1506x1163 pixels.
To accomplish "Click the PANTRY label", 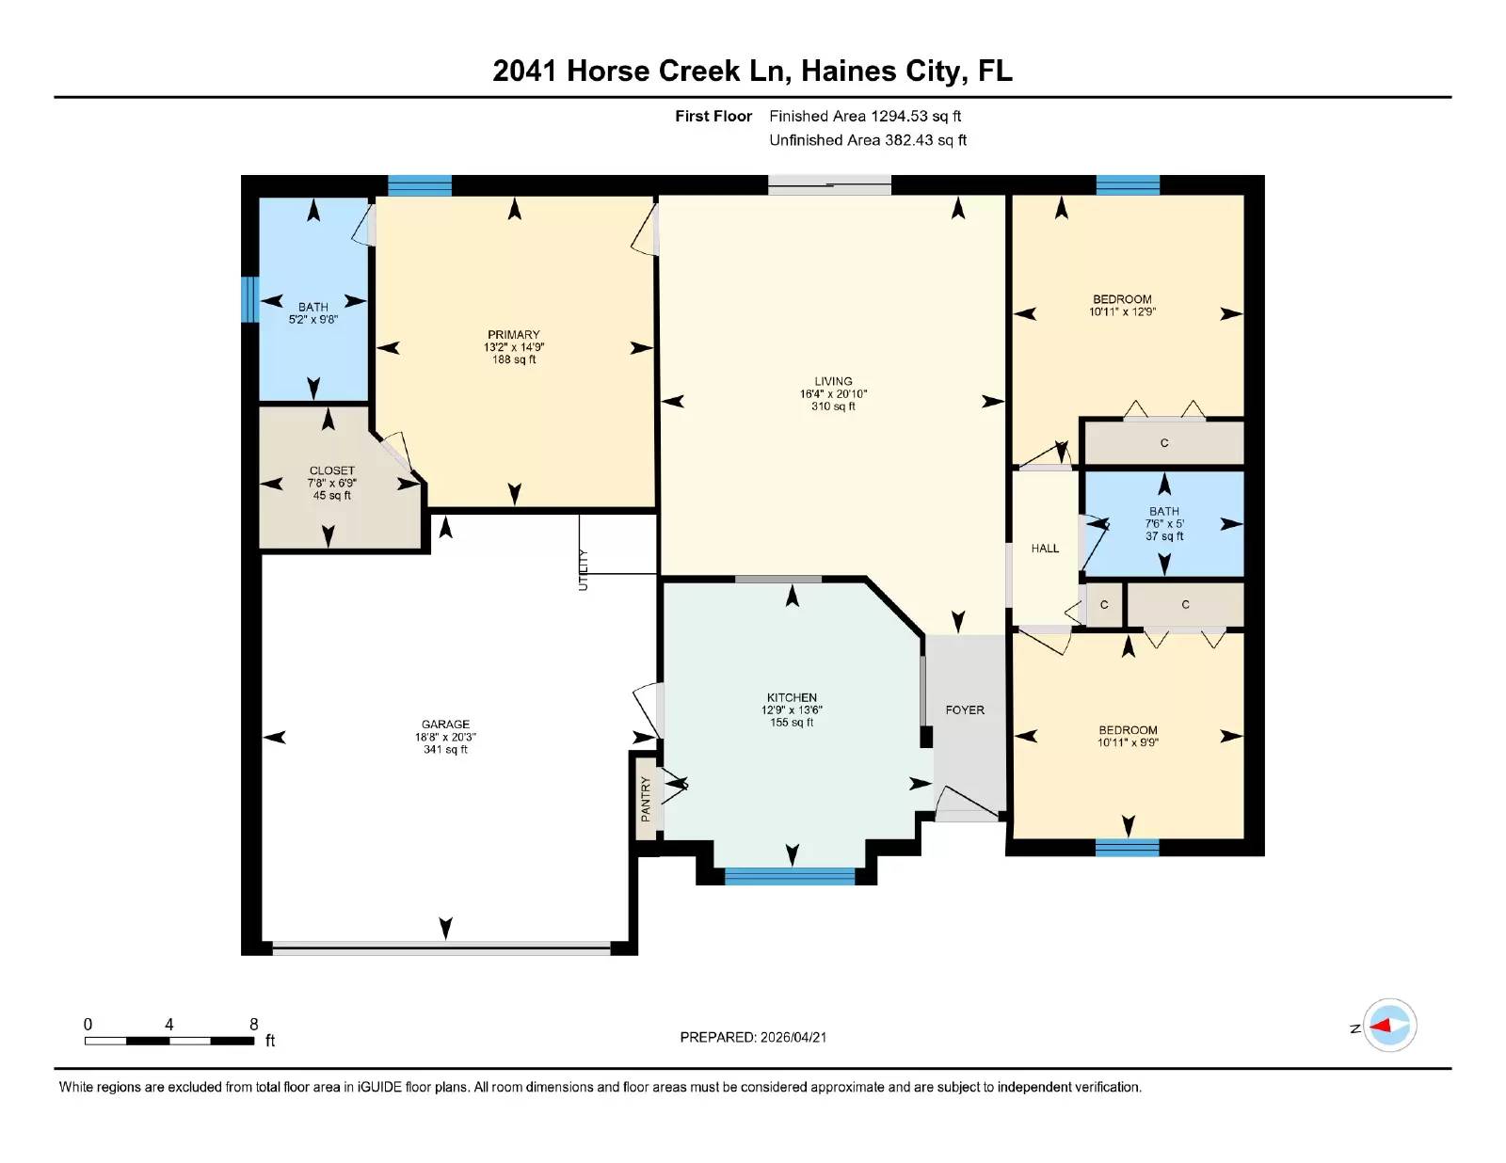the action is (646, 799).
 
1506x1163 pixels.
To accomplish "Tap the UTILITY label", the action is (583, 570).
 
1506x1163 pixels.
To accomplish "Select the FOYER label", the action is (965, 710).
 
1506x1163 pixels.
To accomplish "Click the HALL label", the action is (1045, 549).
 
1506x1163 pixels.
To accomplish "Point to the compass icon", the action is (1389, 1026).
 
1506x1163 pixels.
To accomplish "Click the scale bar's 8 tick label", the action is (254, 1025).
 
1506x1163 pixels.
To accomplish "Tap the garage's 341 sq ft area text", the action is (445, 750).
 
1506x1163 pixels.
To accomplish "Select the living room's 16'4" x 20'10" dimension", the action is (833, 394).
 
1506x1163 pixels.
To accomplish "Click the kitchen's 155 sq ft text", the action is (792, 723).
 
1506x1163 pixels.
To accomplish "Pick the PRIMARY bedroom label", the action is (514, 335).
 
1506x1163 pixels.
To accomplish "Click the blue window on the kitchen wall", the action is (790, 876).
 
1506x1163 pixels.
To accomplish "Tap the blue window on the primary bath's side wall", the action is (249, 299).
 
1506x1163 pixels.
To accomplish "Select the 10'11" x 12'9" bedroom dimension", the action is (1122, 311).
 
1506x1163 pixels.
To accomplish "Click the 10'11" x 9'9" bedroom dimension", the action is (1128, 742).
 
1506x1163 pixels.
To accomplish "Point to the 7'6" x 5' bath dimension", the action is (1164, 524).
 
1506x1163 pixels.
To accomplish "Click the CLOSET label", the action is (332, 470).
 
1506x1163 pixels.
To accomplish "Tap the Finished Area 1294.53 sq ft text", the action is (865, 117).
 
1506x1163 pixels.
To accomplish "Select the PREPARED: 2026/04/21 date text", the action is (753, 1037).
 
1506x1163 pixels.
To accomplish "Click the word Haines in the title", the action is (849, 71).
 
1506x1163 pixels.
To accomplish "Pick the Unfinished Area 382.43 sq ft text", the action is (868, 140).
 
